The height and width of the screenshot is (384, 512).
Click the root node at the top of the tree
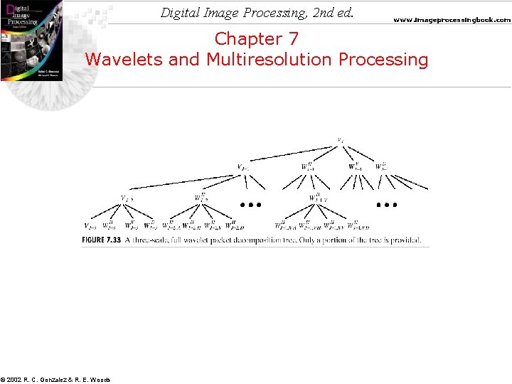click(x=341, y=139)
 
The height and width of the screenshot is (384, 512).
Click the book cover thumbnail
click(x=31, y=41)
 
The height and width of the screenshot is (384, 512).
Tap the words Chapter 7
click(x=257, y=38)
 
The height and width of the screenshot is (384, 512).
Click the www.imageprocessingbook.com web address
click(x=452, y=20)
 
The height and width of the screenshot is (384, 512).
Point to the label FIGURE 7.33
click(x=102, y=240)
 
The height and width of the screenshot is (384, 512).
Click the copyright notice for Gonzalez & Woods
click(x=55, y=380)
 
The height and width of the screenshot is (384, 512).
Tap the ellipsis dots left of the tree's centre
click(x=250, y=204)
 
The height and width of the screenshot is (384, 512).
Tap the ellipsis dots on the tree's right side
click(x=386, y=204)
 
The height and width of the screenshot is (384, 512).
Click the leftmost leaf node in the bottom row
click(x=90, y=225)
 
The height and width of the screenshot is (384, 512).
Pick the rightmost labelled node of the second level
click(x=381, y=168)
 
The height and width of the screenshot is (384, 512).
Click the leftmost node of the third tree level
click(x=125, y=198)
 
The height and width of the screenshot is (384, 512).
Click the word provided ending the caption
click(x=405, y=240)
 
